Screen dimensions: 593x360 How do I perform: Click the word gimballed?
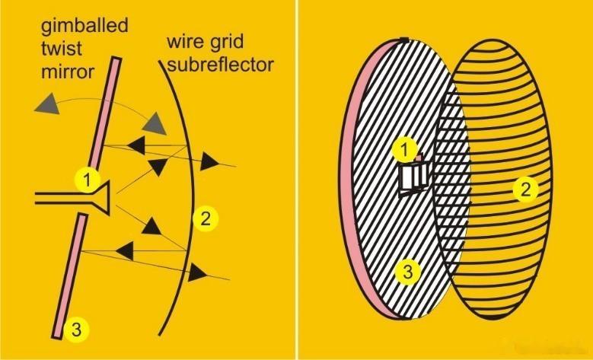(84, 27)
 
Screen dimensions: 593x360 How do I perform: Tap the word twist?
(61, 49)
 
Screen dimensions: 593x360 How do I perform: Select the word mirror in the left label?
(67, 71)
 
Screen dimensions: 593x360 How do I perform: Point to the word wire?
(184, 41)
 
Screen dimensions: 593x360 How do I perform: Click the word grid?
(225, 43)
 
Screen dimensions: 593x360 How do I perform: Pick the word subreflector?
(220, 65)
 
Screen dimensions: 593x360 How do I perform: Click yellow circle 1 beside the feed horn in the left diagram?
(88, 180)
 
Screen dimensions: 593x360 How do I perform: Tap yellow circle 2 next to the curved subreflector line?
(206, 218)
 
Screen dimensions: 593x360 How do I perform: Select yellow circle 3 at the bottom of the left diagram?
(76, 330)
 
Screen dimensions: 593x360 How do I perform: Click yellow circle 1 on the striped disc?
(405, 150)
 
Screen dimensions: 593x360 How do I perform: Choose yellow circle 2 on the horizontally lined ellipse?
(526, 190)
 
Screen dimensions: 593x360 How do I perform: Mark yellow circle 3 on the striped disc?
(407, 272)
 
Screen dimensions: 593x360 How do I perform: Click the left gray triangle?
(48, 104)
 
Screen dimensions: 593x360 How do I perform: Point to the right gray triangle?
(155, 123)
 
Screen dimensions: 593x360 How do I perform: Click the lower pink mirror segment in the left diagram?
(69, 276)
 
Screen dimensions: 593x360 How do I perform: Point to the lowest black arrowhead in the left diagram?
(198, 272)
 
